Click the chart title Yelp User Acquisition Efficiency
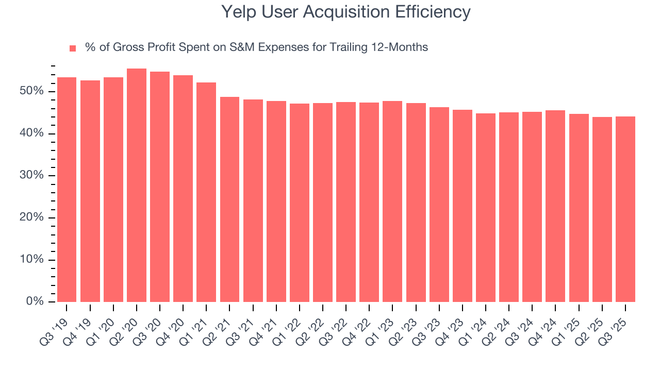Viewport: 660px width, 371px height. pos(345,12)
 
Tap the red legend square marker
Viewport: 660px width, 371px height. pos(73,48)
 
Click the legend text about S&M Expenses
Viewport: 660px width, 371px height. pos(256,47)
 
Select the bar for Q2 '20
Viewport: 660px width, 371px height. pos(137,185)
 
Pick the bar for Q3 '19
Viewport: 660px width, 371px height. pos(67,189)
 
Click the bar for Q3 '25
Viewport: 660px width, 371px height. pos(625,209)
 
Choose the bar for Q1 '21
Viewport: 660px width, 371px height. pos(206,192)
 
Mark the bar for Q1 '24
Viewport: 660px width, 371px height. pos(485,207)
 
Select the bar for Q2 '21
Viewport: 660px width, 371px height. pos(229,199)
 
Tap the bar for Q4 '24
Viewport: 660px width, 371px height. pos(555,206)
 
